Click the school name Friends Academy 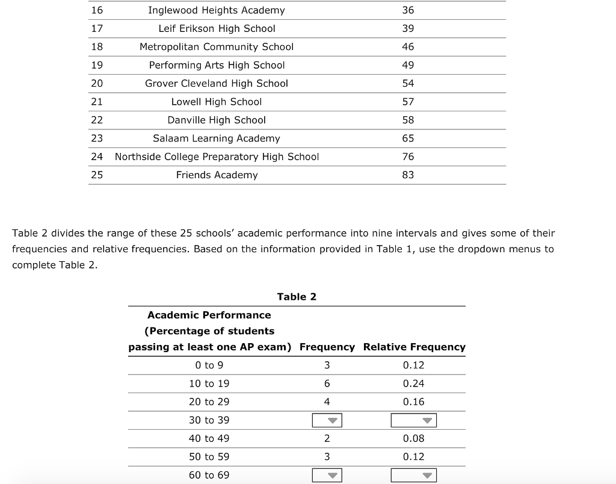(217, 175)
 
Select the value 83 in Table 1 (408, 175)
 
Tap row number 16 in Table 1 (97, 10)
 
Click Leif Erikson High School (217, 28)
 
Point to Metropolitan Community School (217, 47)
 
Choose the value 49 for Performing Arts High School (408, 65)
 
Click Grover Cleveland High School (217, 84)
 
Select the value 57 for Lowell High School (408, 102)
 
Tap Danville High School (217, 120)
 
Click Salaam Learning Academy (217, 138)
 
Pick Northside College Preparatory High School (217, 157)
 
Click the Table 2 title (297, 297)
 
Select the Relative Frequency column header (414, 347)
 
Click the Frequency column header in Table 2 (327, 347)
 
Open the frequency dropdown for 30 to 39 (327, 420)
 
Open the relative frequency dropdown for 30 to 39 (413, 420)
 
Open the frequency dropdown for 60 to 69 (327, 476)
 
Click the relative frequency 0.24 (413, 383)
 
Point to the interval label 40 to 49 (209, 439)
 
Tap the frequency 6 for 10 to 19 (327, 383)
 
